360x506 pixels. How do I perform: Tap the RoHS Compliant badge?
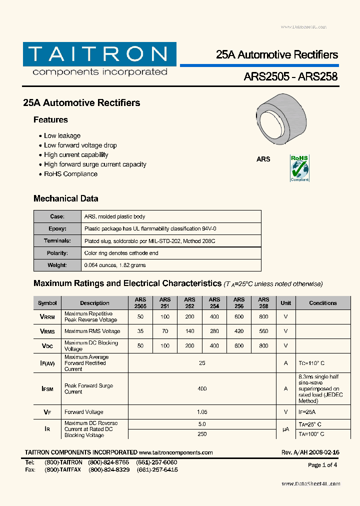(299, 168)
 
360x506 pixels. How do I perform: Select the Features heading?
(50, 120)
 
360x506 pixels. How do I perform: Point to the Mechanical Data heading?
(65, 198)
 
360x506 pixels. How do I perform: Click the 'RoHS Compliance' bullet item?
(70, 174)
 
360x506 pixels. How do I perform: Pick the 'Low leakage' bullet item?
(62, 135)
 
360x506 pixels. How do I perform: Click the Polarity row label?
(57, 253)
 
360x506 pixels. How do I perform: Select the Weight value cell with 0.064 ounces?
(115, 265)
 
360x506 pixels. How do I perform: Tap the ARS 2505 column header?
(140, 302)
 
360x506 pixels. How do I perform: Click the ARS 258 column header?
(263, 302)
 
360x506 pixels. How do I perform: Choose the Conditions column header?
(323, 303)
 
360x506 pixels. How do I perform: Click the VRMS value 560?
(263, 331)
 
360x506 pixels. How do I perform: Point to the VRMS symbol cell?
(47, 331)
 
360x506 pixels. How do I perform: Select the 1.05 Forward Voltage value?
(202, 412)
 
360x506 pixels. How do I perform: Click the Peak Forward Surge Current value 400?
(202, 388)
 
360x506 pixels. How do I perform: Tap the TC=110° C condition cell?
(311, 363)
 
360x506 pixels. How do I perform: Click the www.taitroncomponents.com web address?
(175, 452)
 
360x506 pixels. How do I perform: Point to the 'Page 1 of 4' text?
(322, 465)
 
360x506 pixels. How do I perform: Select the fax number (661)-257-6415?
(157, 470)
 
